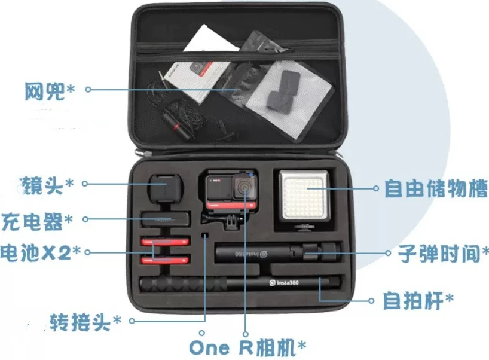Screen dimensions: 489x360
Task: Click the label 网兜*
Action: (50, 91)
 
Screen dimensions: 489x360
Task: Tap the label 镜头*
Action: (46, 185)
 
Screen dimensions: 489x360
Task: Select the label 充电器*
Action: (37, 221)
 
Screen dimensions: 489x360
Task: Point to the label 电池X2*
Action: (40, 252)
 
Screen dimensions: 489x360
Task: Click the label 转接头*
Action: (85, 322)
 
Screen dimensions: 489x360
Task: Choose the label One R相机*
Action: (247, 347)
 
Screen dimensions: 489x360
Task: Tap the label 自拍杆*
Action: (418, 300)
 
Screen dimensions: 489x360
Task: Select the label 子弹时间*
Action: (443, 253)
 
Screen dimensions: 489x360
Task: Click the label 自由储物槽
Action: (436, 188)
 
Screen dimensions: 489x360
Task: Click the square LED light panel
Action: (304, 196)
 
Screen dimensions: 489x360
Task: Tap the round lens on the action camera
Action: (243, 187)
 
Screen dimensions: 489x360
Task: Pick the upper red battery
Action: (165, 242)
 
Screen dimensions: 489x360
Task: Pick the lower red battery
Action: (165, 260)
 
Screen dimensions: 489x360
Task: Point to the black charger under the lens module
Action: (165, 219)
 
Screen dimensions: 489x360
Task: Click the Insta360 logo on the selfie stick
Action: (284, 283)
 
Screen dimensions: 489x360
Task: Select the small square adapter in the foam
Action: (205, 235)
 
